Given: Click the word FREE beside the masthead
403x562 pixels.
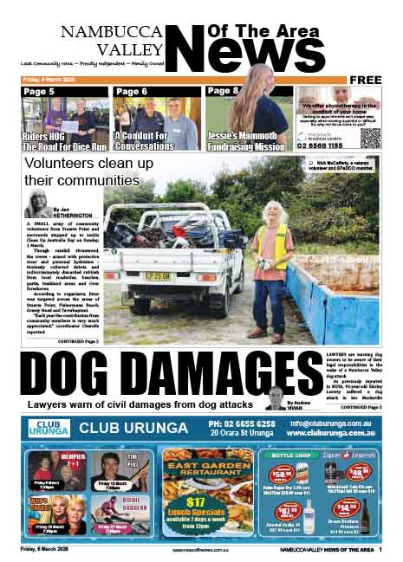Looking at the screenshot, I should pyautogui.click(x=367, y=80).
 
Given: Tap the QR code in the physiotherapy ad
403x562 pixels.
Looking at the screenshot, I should pyautogui.click(x=370, y=137).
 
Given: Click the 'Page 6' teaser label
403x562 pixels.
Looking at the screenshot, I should pyautogui.click(x=131, y=91).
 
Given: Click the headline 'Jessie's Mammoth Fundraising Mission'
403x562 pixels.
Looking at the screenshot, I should pyautogui.click(x=246, y=142).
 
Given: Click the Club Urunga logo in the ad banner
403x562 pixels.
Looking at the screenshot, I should pyautogui.click(x=47, y=427).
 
